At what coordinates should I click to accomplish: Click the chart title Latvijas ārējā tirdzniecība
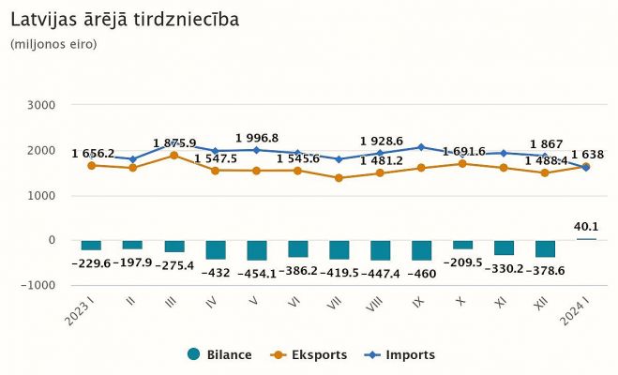click(124, 19)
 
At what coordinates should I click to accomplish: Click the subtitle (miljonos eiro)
click(53, 44)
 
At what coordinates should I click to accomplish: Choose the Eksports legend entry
click(309, 354)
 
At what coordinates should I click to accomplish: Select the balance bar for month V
click(256, 250)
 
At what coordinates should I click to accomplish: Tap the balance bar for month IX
click(421, 250)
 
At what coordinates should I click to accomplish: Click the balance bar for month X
click(462, 245)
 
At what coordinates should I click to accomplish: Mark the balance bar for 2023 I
click(91, 246)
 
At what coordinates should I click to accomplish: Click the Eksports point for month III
click(173, 156)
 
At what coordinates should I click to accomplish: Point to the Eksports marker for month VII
click(339, 178)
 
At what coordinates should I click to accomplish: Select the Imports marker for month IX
click(421, 147)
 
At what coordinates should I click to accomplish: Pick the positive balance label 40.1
click(586, 224)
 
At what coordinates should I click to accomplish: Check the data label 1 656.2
click(93, 153)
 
